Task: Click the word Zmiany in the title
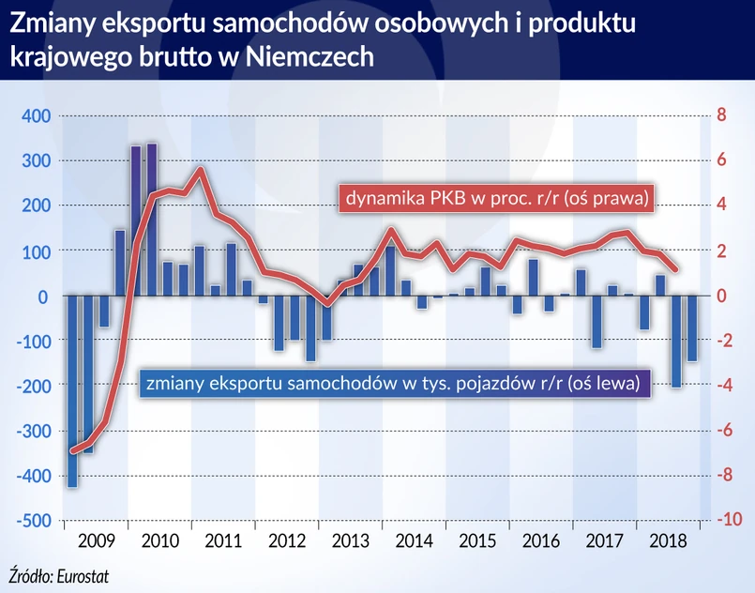point(51,23)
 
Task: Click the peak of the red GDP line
point(200,169)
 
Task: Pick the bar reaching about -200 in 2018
point(676,342)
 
